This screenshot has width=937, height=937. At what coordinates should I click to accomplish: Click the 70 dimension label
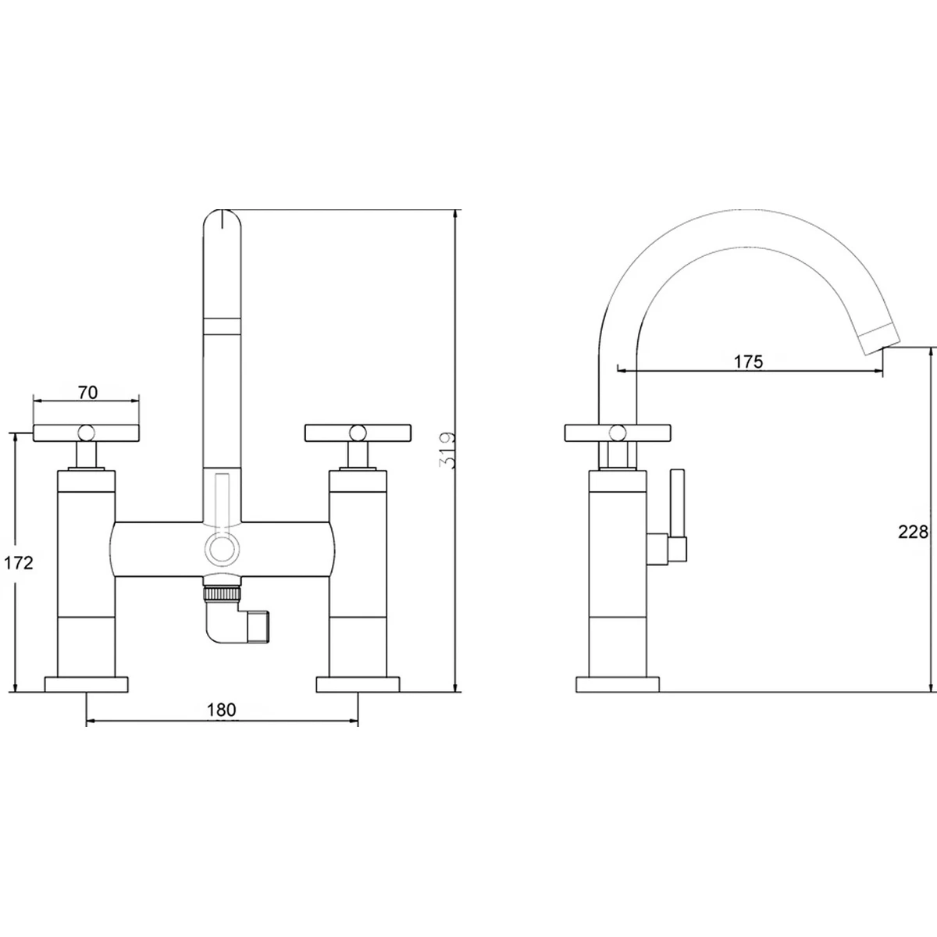[x=87, y=393]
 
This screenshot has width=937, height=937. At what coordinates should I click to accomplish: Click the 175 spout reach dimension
[x=748, y=362]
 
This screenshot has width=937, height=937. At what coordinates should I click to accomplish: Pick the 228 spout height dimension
[x=912, y=532]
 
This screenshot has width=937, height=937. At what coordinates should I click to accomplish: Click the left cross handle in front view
[x=86, y=431]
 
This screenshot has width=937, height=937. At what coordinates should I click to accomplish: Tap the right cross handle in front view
[x=358, y=431]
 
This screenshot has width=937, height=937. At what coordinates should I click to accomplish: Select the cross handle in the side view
[x=617, y=431]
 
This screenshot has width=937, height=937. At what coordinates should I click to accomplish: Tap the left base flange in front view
[x=86, y=684]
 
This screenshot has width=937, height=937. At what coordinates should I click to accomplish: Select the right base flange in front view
[x=358, y=684]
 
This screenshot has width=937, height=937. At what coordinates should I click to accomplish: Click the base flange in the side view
[x=617, y=684]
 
